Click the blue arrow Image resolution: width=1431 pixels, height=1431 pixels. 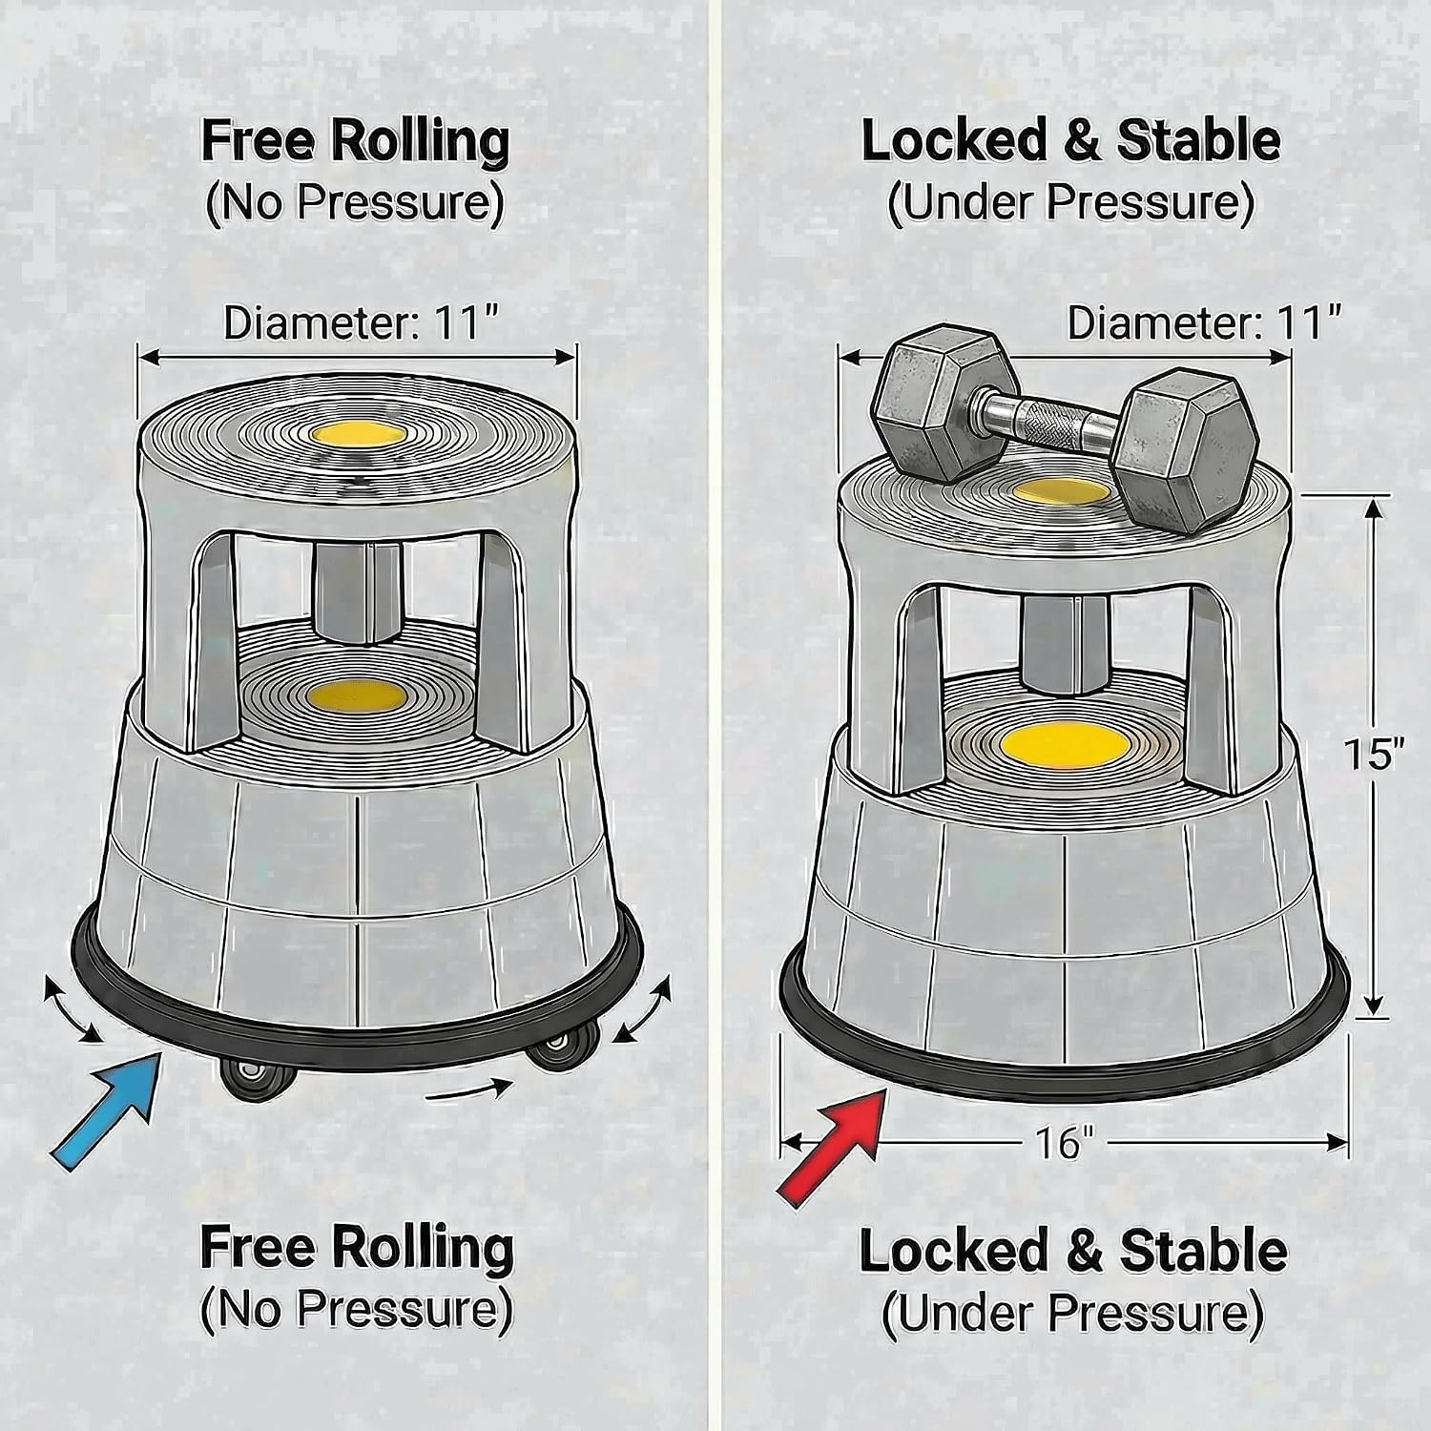pos(107,1106)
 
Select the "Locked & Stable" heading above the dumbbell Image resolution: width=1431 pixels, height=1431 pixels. pos(1070,141)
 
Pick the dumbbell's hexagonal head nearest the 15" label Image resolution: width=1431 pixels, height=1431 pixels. pos(1187,448)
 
